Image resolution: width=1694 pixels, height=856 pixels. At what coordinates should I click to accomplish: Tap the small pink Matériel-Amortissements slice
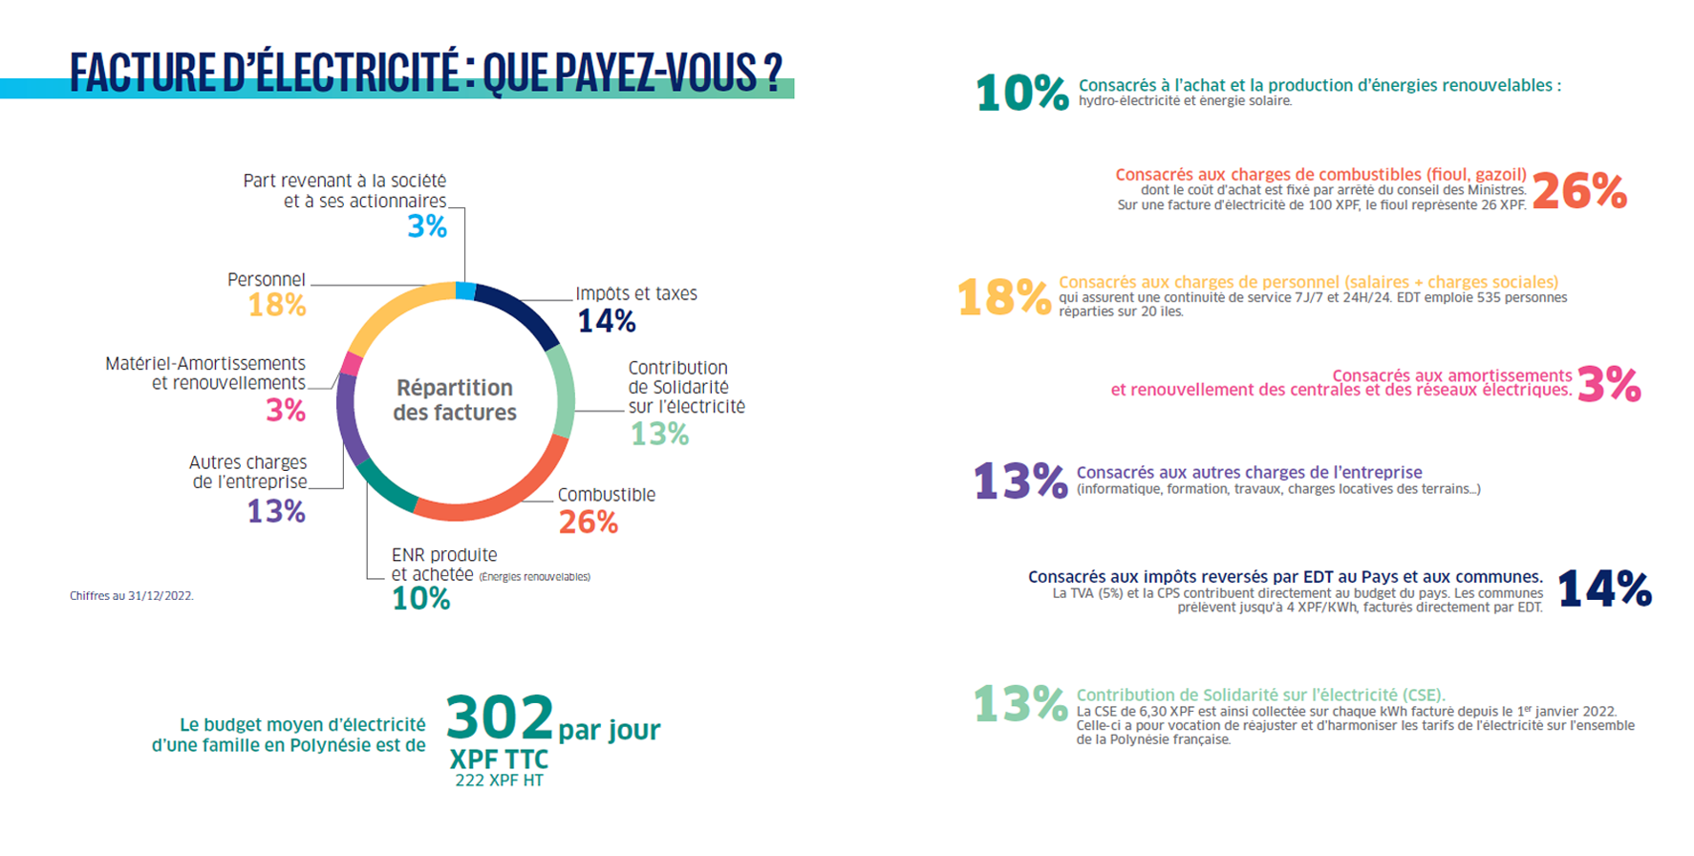(352, 364)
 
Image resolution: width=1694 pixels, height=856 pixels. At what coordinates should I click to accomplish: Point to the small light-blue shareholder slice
(465, 291)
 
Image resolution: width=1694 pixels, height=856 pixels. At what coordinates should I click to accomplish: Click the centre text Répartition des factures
(455, 400)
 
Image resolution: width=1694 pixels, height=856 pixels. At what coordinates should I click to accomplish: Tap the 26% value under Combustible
(589, 523)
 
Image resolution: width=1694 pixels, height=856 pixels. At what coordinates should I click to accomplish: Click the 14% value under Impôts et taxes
(607, 321)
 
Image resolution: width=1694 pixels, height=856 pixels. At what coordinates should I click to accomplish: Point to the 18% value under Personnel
(277, 306)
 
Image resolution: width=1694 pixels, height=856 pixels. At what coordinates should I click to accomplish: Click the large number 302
(500, 718)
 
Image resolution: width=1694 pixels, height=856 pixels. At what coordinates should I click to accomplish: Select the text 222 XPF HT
(499, 781)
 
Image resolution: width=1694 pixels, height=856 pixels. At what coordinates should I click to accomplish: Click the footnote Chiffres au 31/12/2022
(132, 596)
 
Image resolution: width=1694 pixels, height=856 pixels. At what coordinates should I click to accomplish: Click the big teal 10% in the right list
(1021, 94)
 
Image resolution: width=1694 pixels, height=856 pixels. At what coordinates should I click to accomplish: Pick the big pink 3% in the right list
(1609, 384)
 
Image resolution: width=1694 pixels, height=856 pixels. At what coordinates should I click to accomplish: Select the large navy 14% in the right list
(1604, 588)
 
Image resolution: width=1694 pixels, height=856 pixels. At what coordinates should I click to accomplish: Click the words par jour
(610, 730)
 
